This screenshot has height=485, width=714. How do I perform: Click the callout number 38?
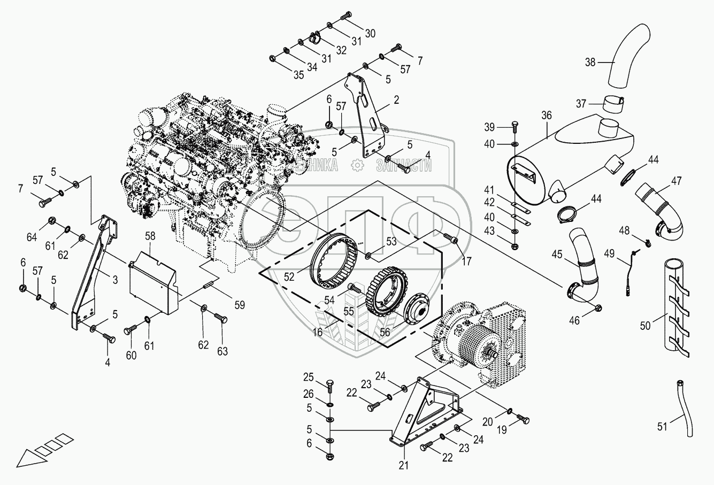pyautogui.click(x=590, y=62)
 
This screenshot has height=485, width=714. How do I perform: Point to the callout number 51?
pyautogui.click(x=663, y=426)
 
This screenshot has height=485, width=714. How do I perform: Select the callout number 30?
pyautogui.click(x=370, y=33)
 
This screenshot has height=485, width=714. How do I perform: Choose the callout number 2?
pyautogui.click(x=396, y=99)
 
